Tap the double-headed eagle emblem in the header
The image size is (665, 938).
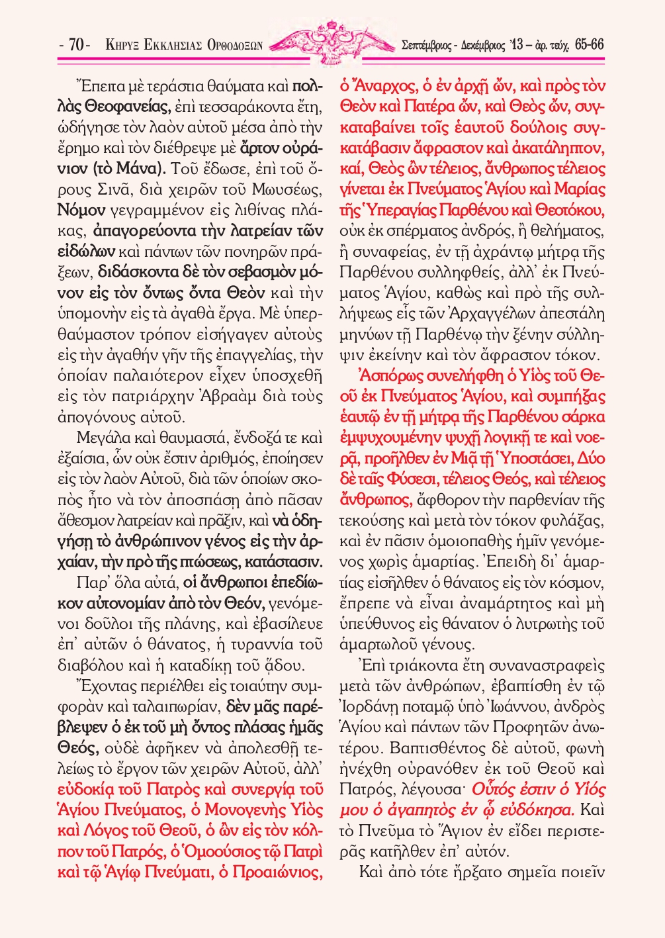[x=332, y=42]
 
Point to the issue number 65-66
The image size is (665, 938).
[x=589, y=45]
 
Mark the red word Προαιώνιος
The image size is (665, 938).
[x=277, y=872]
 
